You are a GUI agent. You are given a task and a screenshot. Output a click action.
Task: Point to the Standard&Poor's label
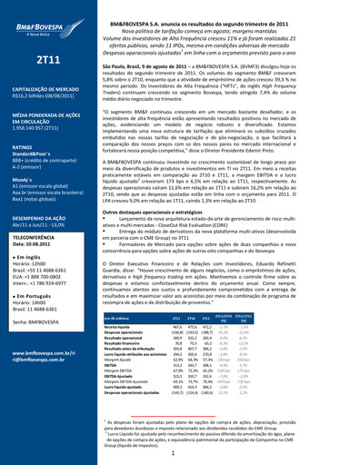point(32,157)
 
